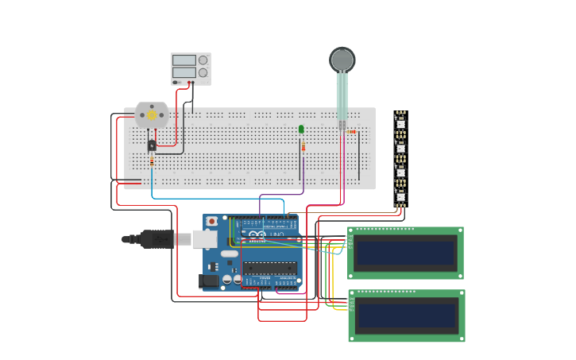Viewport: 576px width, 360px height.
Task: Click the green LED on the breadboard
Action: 301,129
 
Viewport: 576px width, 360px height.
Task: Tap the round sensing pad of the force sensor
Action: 342,60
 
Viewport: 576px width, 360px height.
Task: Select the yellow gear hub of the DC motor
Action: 152,115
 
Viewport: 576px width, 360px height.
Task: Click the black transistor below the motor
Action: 152,145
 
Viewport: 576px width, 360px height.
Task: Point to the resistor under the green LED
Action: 303,147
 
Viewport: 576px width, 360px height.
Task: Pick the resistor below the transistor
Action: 152,161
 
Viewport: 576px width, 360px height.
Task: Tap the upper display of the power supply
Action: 184,60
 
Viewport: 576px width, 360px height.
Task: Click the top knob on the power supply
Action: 203,60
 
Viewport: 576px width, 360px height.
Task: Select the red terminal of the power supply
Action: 189,82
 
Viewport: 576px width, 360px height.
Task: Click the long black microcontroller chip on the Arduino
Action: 269,268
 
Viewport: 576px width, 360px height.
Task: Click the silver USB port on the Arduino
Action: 205,238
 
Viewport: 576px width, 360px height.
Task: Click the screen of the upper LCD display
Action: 405,254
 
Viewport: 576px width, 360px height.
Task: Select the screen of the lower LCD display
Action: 406,315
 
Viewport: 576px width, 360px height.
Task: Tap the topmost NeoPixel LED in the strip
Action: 401,123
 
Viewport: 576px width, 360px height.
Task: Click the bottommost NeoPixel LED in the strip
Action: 401,196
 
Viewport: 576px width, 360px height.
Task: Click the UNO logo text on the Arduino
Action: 275,234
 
